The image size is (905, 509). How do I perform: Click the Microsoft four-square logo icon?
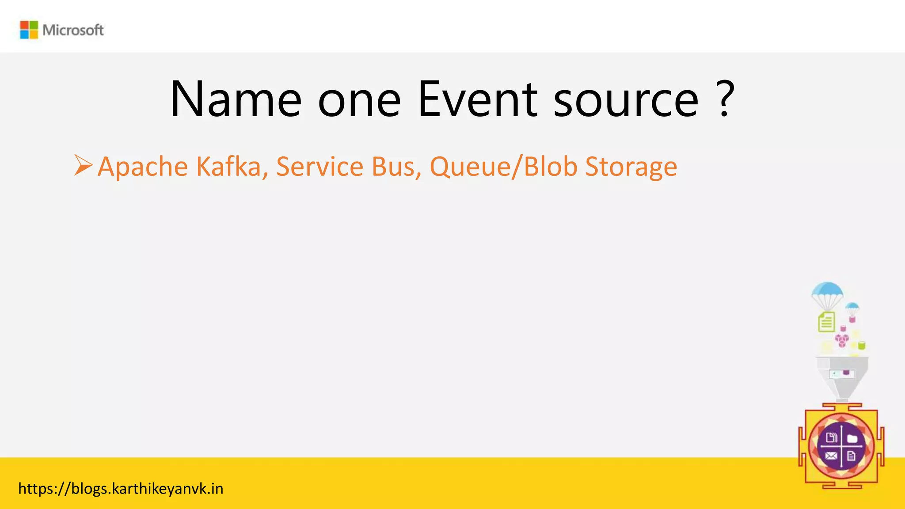(29, 30)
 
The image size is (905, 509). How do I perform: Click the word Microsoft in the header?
(73, 30)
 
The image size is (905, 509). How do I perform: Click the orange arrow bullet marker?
(83, 165)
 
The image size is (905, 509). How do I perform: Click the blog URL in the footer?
(121, 489)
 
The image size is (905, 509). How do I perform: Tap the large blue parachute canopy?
(827, 291)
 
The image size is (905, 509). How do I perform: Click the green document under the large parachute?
(826, 322)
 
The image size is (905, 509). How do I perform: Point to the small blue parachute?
(852, 307)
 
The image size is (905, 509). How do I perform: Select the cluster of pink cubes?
(842, 340)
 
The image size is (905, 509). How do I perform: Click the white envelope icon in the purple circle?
(831, 456)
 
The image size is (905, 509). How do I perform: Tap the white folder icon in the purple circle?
(852, 438)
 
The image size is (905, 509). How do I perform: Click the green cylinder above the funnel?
(861, 346)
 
